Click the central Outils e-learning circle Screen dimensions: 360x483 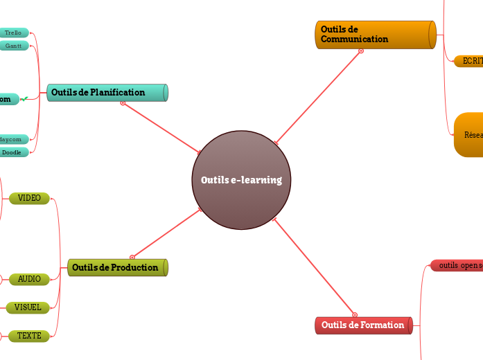click(241, 180)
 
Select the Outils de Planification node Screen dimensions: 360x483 click(107, 92)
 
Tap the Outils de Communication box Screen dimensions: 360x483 click(375, 35)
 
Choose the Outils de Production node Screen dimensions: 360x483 click(118, 267)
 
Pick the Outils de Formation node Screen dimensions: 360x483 click(363, 325)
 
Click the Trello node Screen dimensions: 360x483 click(13, 33)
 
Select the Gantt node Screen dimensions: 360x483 click(13, 46)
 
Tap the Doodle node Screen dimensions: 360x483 click(12, 152)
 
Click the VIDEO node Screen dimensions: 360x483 click(29, 198)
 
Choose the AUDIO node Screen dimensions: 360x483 click(29, 279)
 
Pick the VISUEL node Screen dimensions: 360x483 click(28, 307)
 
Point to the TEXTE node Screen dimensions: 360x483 click(29, 336)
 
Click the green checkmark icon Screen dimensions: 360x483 click(24, 99)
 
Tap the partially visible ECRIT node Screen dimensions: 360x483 click(470, 62)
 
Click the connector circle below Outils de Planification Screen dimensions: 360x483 click(123, 103)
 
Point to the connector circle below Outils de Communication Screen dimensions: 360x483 click(361, 51)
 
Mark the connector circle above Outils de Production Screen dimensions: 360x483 click(132, 258)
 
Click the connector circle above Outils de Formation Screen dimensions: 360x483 click(355, 315)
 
